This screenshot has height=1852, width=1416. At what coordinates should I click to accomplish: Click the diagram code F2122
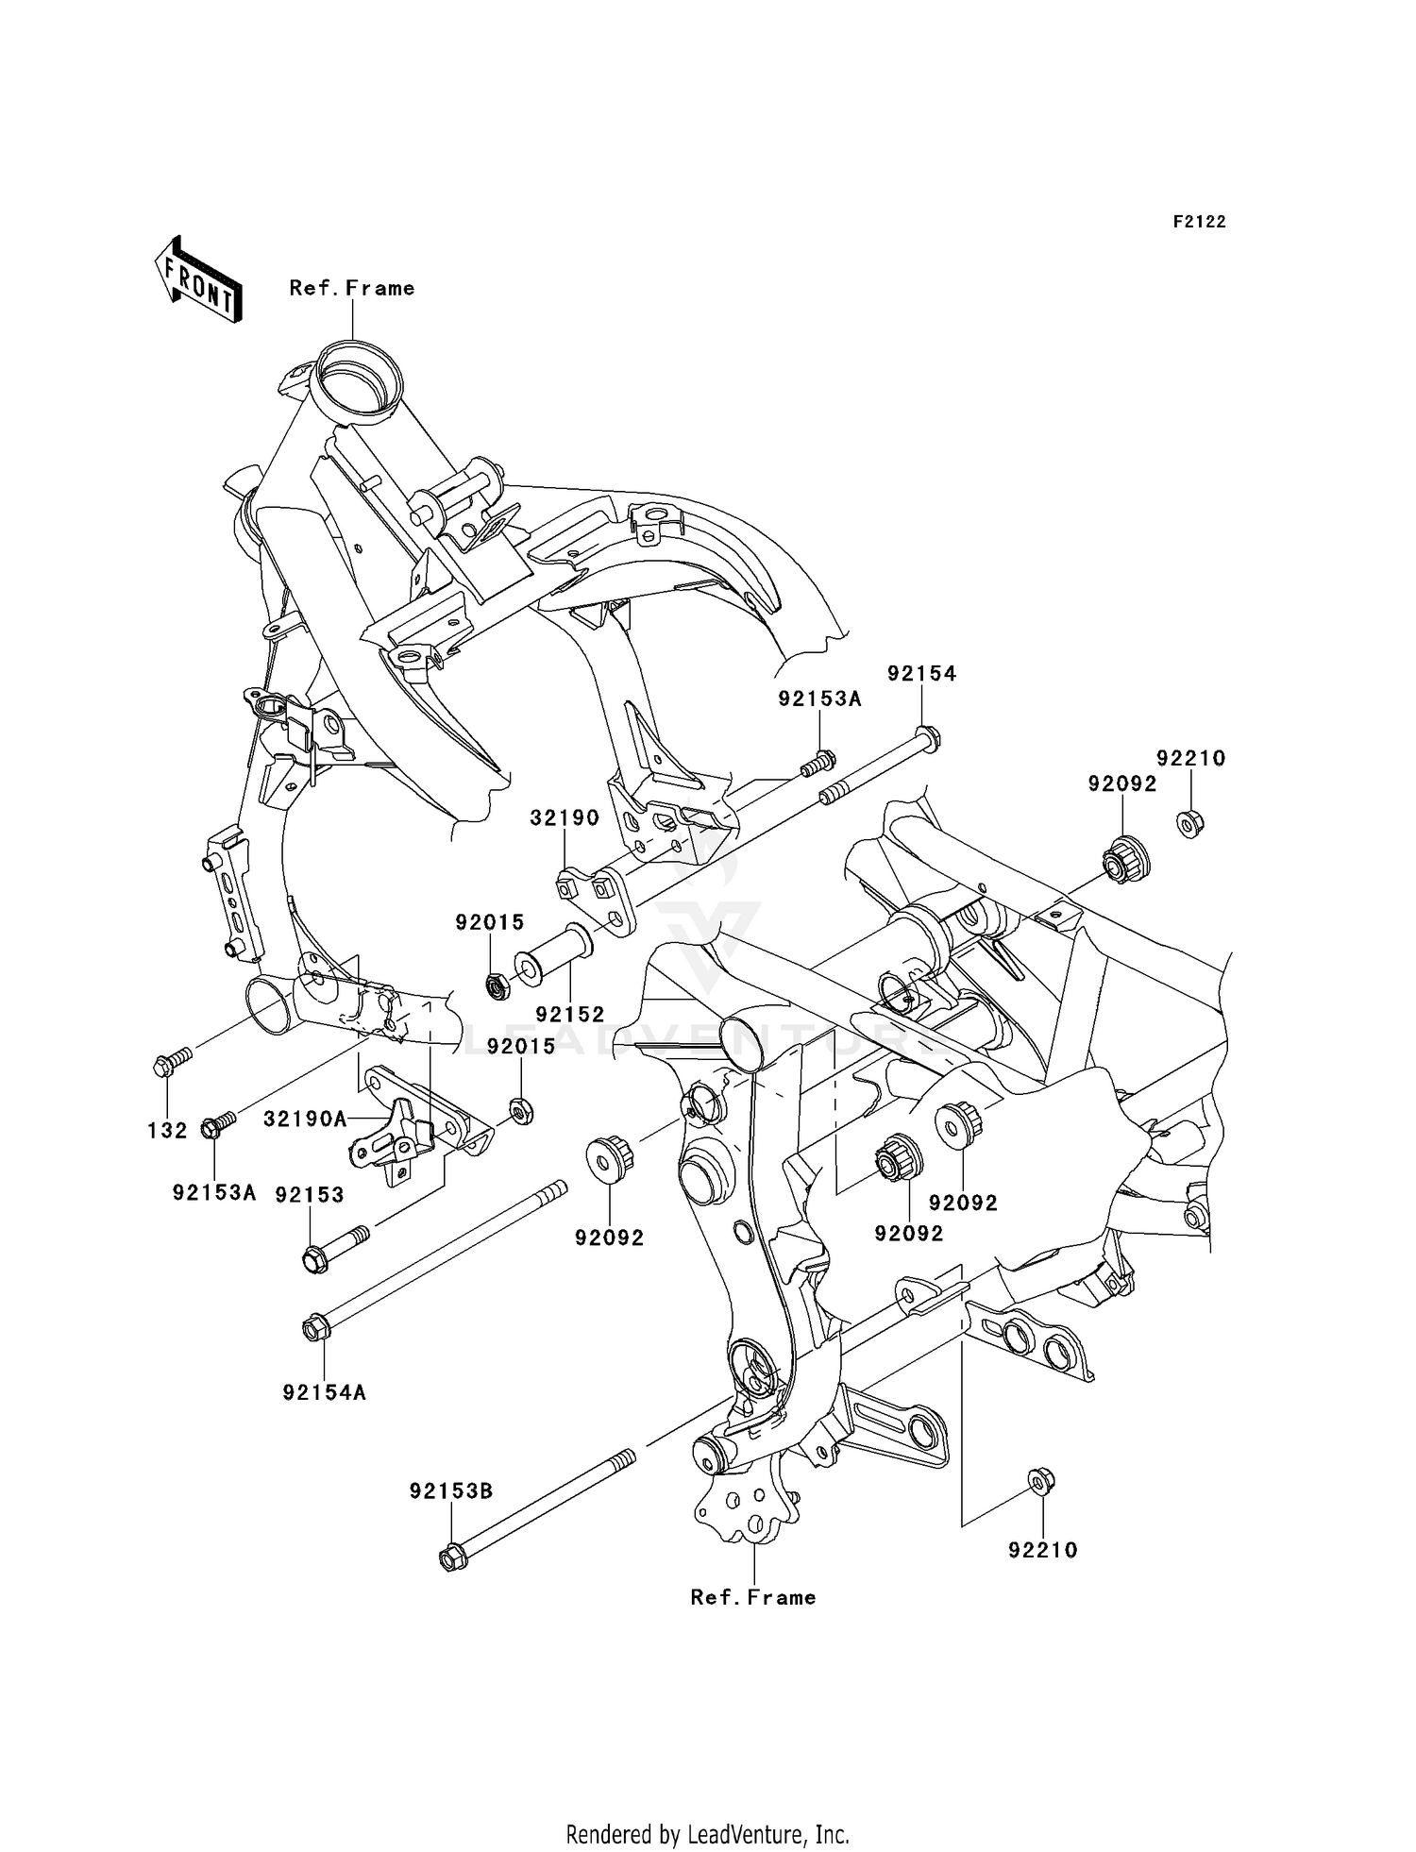tap(1199, 222)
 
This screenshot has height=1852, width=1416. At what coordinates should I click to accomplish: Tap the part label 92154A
tap(324, 1392)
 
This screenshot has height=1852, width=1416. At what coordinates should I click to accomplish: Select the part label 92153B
tap(451, 1491)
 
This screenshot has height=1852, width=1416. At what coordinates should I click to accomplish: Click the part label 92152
tap(569, 1015)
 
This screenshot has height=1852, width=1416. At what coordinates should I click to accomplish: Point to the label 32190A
tap(305, 1119)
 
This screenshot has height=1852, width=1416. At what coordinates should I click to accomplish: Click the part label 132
tap(167, 1130)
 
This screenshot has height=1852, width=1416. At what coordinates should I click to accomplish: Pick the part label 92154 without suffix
tap(921, 673)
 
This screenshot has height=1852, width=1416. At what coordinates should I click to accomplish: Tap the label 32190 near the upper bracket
tap(565, 818)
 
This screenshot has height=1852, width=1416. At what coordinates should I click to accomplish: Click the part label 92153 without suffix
tap(310, 1194)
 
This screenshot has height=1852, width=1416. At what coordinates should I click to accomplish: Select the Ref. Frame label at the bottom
tap(752, 1597)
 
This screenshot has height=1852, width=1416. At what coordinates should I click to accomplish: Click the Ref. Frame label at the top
tap(351, 288)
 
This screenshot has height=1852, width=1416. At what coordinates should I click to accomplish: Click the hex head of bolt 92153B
tap(453, 1557)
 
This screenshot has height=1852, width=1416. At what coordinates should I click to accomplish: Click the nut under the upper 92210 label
tap(1189, 823)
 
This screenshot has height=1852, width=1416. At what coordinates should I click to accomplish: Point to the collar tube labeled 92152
tap(561, 954)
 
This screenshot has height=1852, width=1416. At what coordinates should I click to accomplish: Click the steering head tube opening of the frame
tap(358, 379)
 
